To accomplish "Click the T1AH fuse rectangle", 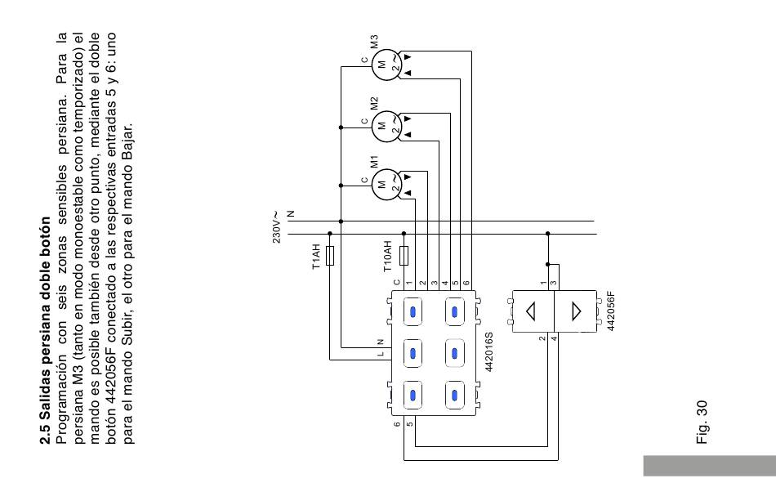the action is coord(330,256).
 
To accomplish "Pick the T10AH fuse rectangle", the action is coord(404,256).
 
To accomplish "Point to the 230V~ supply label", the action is coord(276,227).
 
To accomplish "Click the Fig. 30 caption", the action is coord(702,423).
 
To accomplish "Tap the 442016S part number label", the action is coord(488,351).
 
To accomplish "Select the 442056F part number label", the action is coord(611,311).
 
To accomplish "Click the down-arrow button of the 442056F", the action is coord(575,311).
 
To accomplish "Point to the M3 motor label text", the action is coord(374,41).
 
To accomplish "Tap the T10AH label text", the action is coord(387,257).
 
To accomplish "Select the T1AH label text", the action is coord(316,257).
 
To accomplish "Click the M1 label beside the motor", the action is coord(374,162).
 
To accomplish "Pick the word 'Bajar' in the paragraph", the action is coord(127,139).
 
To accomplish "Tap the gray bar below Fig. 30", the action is coord(710,466).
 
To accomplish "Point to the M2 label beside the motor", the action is coord(374,103).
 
